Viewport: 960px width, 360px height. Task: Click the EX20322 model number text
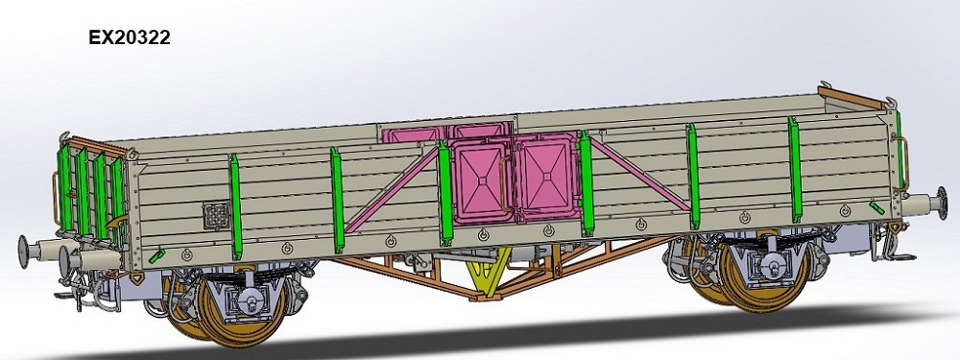[x=130, y=38]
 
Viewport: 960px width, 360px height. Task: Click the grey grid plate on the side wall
[x=215, y=216]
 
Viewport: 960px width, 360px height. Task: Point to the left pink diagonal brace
[x=393, y=190]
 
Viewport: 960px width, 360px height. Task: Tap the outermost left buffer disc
[x=23, y=252]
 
